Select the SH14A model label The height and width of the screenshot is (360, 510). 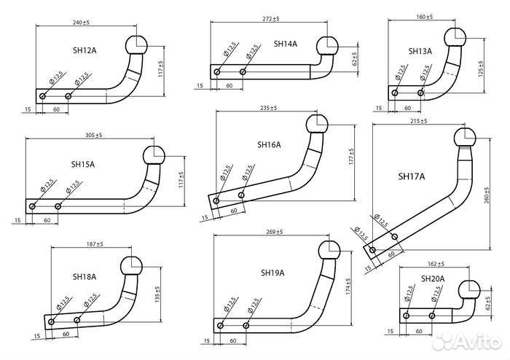pos(285,44)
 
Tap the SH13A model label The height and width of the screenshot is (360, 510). pos(420,51)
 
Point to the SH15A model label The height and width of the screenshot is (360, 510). pos(82,165)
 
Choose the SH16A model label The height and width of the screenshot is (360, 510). pos(269,144)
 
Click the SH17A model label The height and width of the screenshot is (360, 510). pos(412,176)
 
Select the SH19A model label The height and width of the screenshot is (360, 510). pos(272,273)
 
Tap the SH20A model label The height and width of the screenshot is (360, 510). pos(432,278)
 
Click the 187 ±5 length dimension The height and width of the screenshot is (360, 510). pos(92,243)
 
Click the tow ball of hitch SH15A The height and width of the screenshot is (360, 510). pos(154,155)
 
